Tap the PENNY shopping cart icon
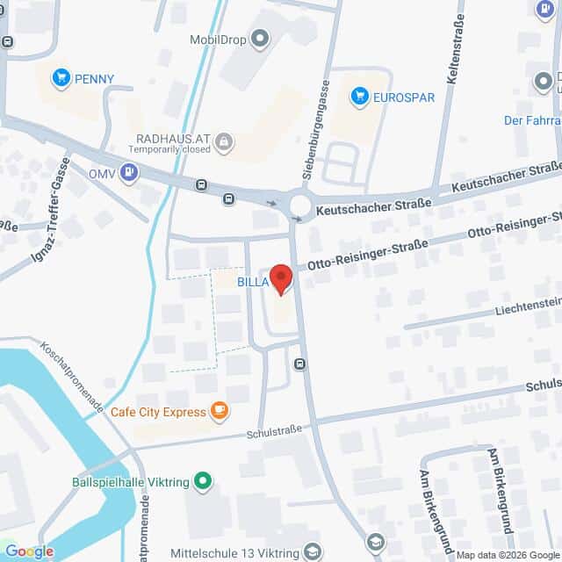(61, 78)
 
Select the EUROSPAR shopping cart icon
(359, 97)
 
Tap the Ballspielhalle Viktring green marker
(204, 480)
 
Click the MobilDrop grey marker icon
(259, 39)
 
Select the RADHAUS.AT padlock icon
(225, 140)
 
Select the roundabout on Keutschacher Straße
(301, 205)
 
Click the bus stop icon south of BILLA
(301, 364)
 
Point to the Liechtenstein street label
(518, 305)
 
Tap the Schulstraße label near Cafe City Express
(274, 429)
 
